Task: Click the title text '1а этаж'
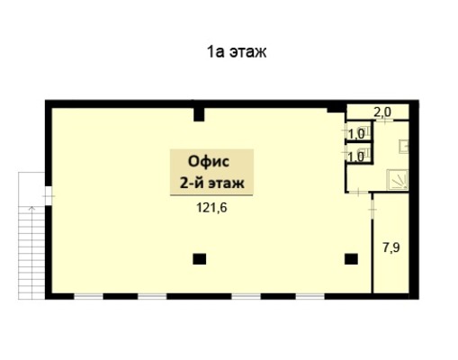(237, 52)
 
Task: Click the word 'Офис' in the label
(209, 161)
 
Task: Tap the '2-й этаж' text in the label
(211, 183)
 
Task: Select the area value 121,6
(211, 207)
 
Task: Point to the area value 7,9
(391, 247)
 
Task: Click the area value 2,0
(382, 112)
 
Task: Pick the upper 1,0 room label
(356, 134)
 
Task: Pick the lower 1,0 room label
(356, 157)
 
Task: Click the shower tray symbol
(398, 179)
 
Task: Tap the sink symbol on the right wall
(403, 147)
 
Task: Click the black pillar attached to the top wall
(199, 114)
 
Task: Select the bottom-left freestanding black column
(199, 259)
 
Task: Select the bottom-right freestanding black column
(351, 259)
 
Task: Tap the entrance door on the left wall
(49, 196)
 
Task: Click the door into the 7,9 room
(373, 209)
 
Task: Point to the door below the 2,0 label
(385, 121)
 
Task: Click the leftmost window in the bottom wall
(88, 296)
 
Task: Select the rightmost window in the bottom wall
(310, 296)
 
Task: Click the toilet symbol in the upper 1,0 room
(366, 130)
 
